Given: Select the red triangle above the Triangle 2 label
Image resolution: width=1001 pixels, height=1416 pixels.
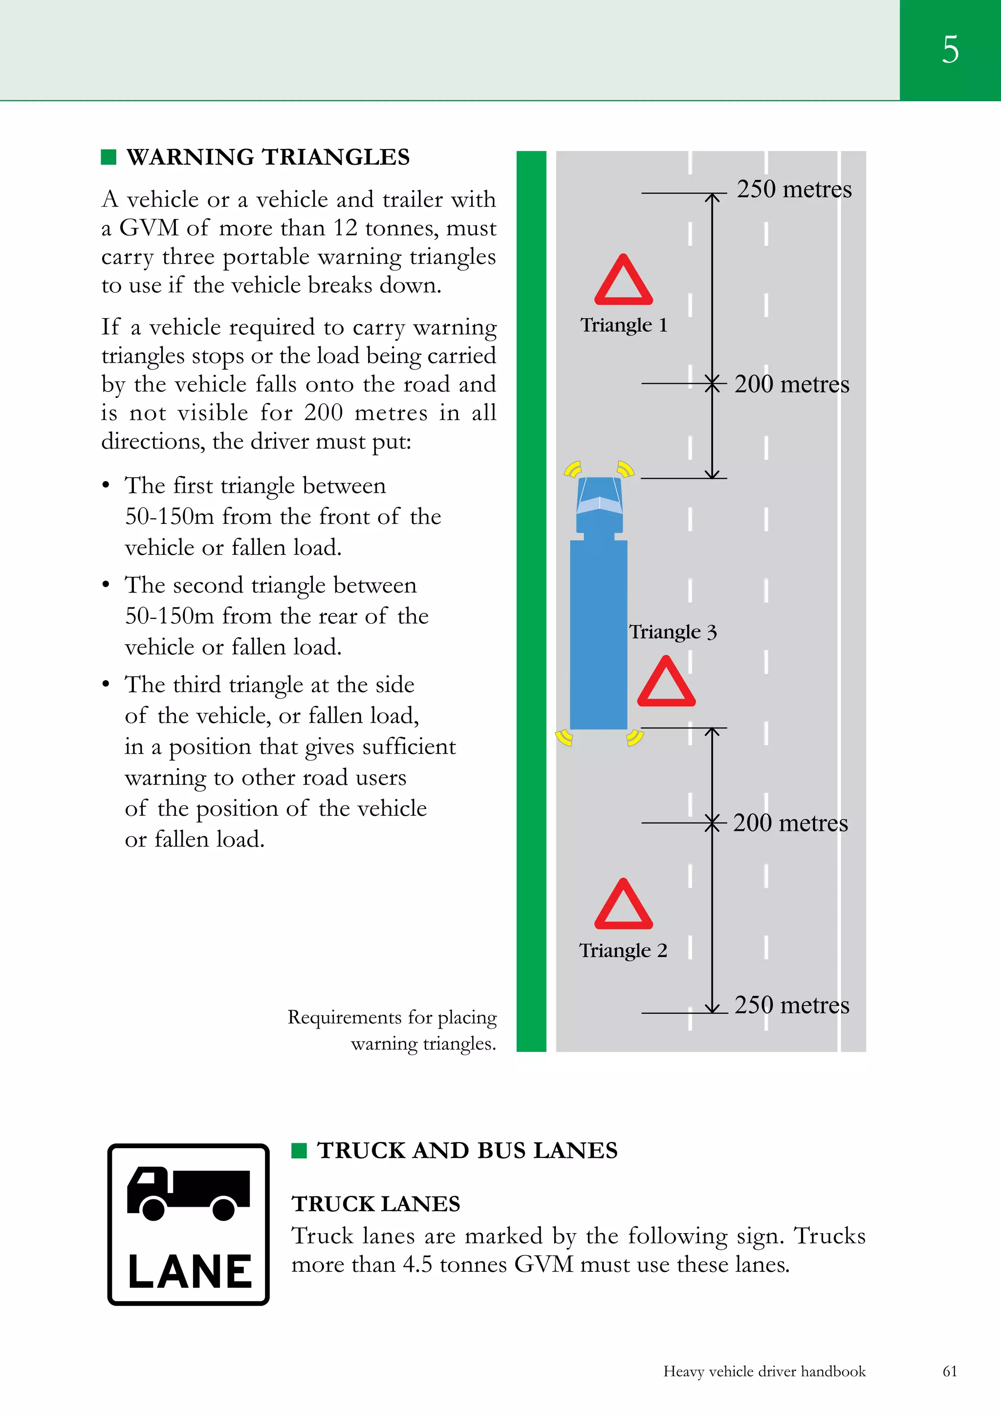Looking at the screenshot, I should pyautogui.click(x=624, y=905).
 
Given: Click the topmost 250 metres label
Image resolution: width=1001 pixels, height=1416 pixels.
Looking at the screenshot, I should pyautogui.click(x=794, y=189).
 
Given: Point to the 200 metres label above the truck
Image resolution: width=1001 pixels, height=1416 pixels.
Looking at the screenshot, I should pyautogui.click(x=791, y=384).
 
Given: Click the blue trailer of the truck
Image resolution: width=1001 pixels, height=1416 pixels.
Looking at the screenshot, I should pyautogui.click(x=598, y=635).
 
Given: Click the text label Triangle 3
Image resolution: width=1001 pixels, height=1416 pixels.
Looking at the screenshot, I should pyautogui.click(x=672, y=632).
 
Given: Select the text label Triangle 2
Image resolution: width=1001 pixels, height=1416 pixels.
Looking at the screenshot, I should pyautogui.click(x=623, y=950).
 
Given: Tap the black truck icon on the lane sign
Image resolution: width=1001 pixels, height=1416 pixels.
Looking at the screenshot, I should pyautogui.click(x=188, y=1193).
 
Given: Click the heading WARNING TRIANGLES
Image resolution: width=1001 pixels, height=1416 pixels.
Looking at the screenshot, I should pyautogui.click(x=268, y=157).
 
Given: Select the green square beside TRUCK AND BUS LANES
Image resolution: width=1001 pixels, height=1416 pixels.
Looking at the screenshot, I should pyautogui.click(x=299, y=1150).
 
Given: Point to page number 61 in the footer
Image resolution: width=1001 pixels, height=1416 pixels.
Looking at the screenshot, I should pyautogui.click(x=950, y=1371).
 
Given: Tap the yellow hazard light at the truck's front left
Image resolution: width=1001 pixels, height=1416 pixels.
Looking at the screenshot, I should pyautogui.click(x=572, y=469).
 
